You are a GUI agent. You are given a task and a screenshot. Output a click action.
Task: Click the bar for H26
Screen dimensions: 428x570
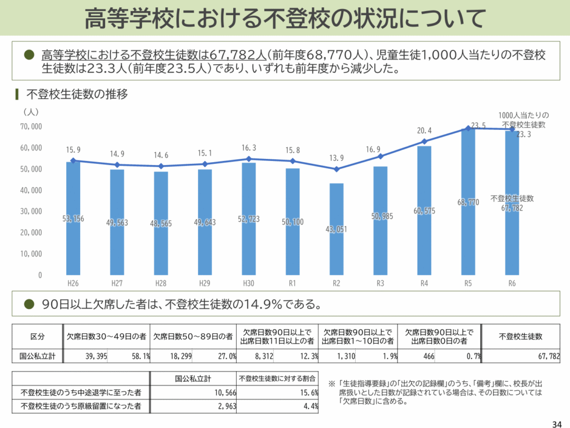tap(73, 218)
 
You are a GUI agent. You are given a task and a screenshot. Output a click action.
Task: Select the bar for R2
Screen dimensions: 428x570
tap(336, 229)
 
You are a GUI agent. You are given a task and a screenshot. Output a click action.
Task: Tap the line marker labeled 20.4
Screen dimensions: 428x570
tap(424, 142)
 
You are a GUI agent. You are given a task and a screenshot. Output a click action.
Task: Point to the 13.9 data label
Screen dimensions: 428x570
tap(336, 158)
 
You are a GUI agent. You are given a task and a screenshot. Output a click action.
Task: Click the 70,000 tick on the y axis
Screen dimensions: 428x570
tap(31, 127)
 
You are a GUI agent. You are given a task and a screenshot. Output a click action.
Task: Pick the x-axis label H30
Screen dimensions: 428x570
tap(248, 284)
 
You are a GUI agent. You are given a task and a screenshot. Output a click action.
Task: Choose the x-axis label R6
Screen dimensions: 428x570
tap(512, 284)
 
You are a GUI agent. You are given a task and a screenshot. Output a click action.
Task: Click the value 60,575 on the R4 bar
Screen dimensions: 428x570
tap(424, 211)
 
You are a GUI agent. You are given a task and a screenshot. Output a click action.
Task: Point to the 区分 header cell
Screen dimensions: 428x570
tap(37, 337)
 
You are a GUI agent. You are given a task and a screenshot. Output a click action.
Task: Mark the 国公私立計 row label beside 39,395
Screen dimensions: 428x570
tap(37, 356)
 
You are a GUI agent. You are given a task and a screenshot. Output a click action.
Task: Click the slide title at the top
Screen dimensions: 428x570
tap(284, 18)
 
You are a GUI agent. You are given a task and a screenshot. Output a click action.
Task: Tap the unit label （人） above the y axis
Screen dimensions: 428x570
tap(31, 112)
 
